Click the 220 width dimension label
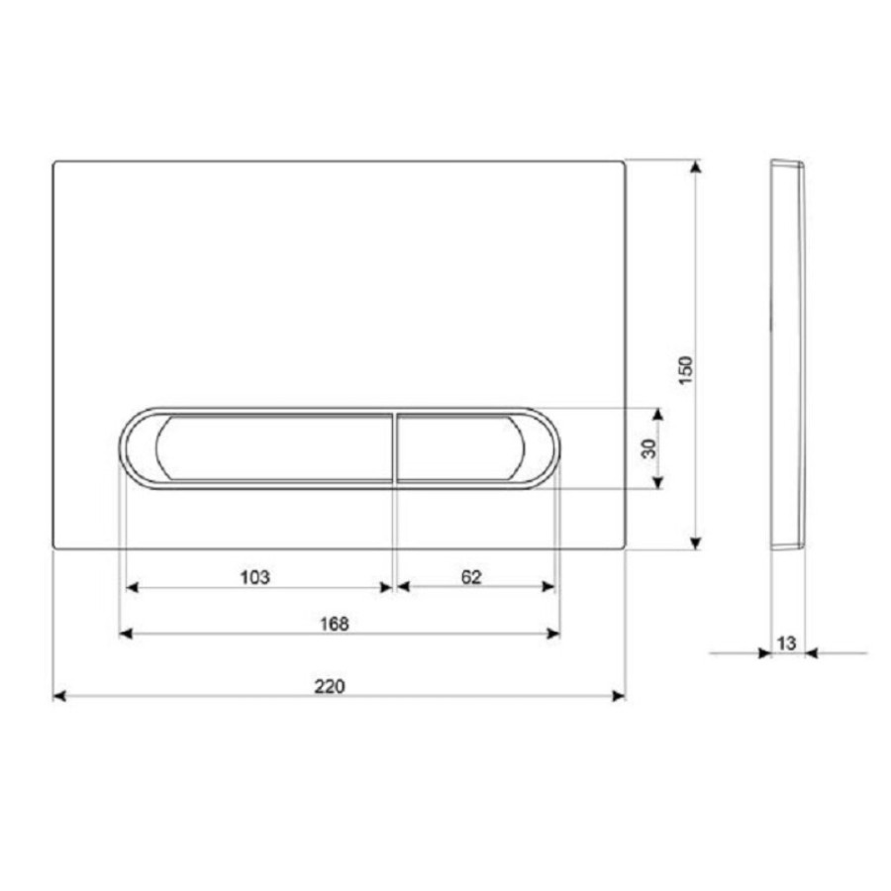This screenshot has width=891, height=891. coord(330,686)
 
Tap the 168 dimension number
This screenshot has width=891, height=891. coord(335,624)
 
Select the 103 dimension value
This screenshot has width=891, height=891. coord(254,577)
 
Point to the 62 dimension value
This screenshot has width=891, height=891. coord(471,577)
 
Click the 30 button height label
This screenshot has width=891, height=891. coord(648,448)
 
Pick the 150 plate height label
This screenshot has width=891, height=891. coord(686,370)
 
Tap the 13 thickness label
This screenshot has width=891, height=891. coord(786,643)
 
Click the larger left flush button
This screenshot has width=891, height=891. coord(274,447)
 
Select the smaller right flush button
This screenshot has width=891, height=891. coord(460,447)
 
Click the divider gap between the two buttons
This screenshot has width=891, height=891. coord(394,447)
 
